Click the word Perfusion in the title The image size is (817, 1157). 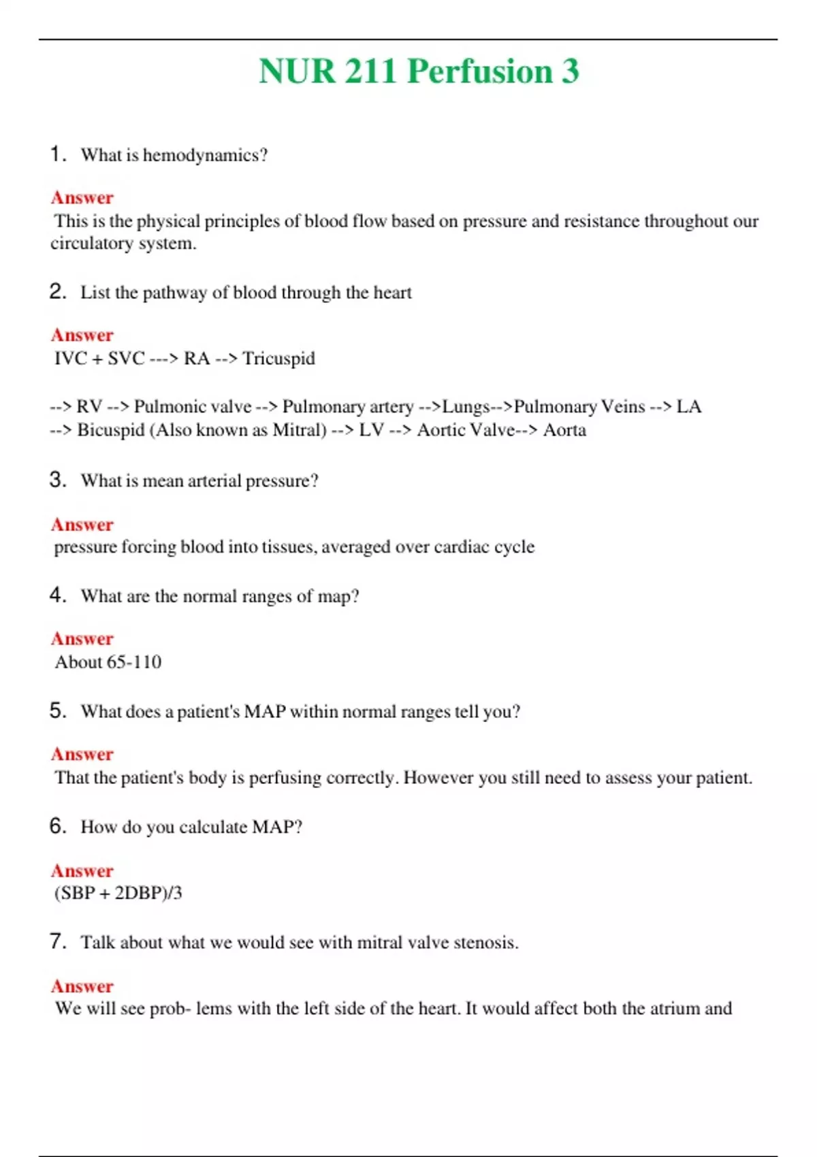480,71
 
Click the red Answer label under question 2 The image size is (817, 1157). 82,335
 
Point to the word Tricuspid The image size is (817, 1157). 279,359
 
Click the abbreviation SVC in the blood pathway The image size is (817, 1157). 126,359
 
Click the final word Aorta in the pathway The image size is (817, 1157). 564,430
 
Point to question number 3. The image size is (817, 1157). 57,480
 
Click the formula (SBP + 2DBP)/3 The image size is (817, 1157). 118,893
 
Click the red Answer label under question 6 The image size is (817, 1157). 82,870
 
